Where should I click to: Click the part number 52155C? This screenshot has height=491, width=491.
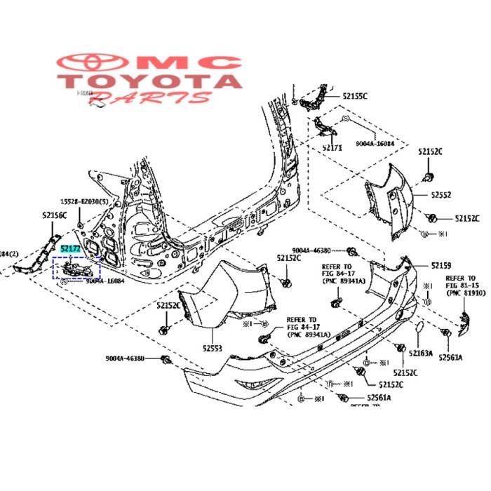click(x=355, y=95)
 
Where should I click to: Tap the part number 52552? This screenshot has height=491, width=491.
click(x=441, y=194)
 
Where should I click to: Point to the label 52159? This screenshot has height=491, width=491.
click(x=441, y=265)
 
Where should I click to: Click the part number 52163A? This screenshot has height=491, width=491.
click(x=422, y=354)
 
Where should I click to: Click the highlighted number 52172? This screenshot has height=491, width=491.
click(x=70, y=248)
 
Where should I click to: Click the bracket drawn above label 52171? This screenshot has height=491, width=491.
click(x=324, y=129)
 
